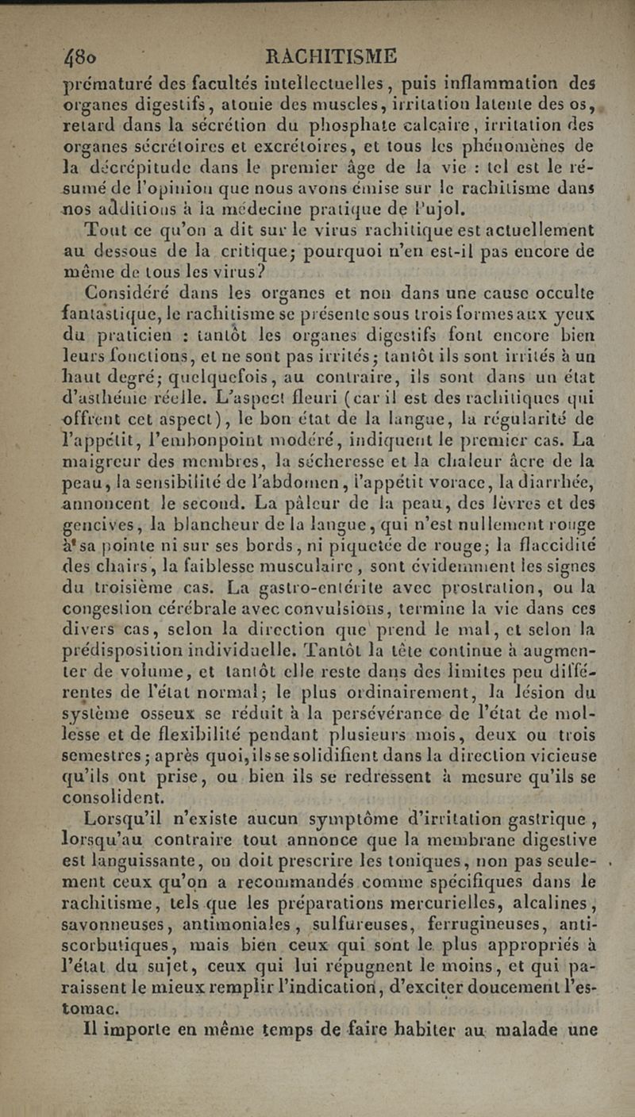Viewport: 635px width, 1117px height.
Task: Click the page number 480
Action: (83, 58)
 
